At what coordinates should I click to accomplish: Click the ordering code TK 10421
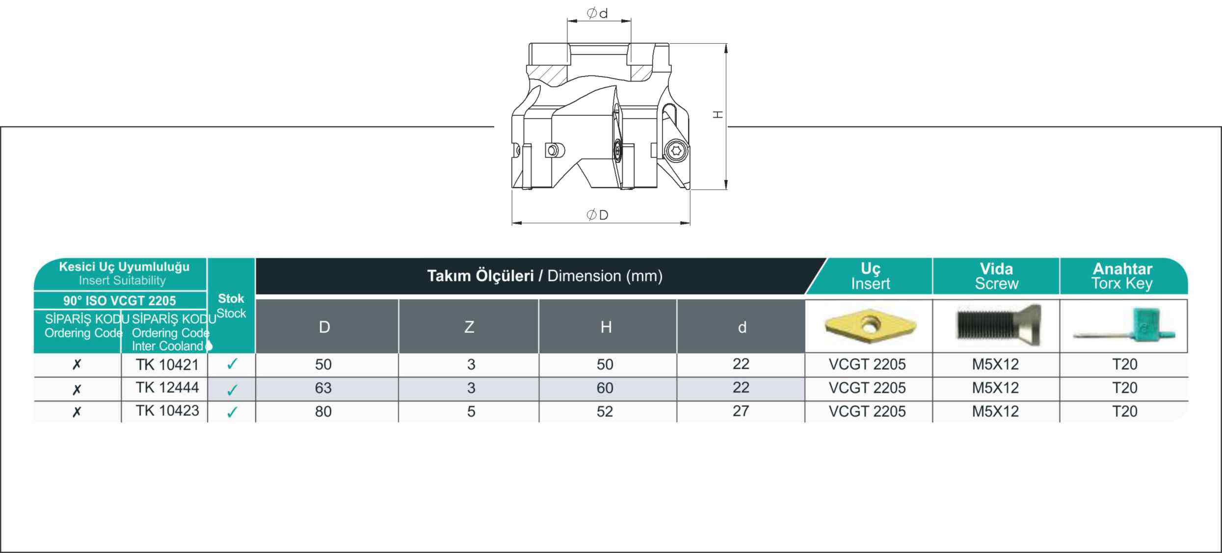pos(167,365)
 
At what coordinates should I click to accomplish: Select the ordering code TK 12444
pos(167,388)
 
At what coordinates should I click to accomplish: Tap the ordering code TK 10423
pos(167,411)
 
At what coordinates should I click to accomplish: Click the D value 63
pos(323,388)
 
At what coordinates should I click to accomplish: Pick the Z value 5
pos(471,412)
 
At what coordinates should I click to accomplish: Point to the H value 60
pos(605,388)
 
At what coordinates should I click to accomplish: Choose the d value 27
pos(741,411)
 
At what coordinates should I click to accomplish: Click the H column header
pos(606,327)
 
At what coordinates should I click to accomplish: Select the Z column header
pos(469,327)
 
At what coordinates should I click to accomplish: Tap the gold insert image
pos(871,325)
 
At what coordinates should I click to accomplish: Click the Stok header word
pos(231,298)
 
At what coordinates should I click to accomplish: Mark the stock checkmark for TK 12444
pos(232,390)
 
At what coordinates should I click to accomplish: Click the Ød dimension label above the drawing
pos(598,13)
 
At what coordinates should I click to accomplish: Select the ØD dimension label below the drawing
pos(598,215)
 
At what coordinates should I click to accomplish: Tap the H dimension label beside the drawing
pos(718,115)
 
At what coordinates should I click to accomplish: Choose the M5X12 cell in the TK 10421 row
pos(996,365)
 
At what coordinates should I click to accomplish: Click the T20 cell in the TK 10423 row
pos(1125,411)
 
